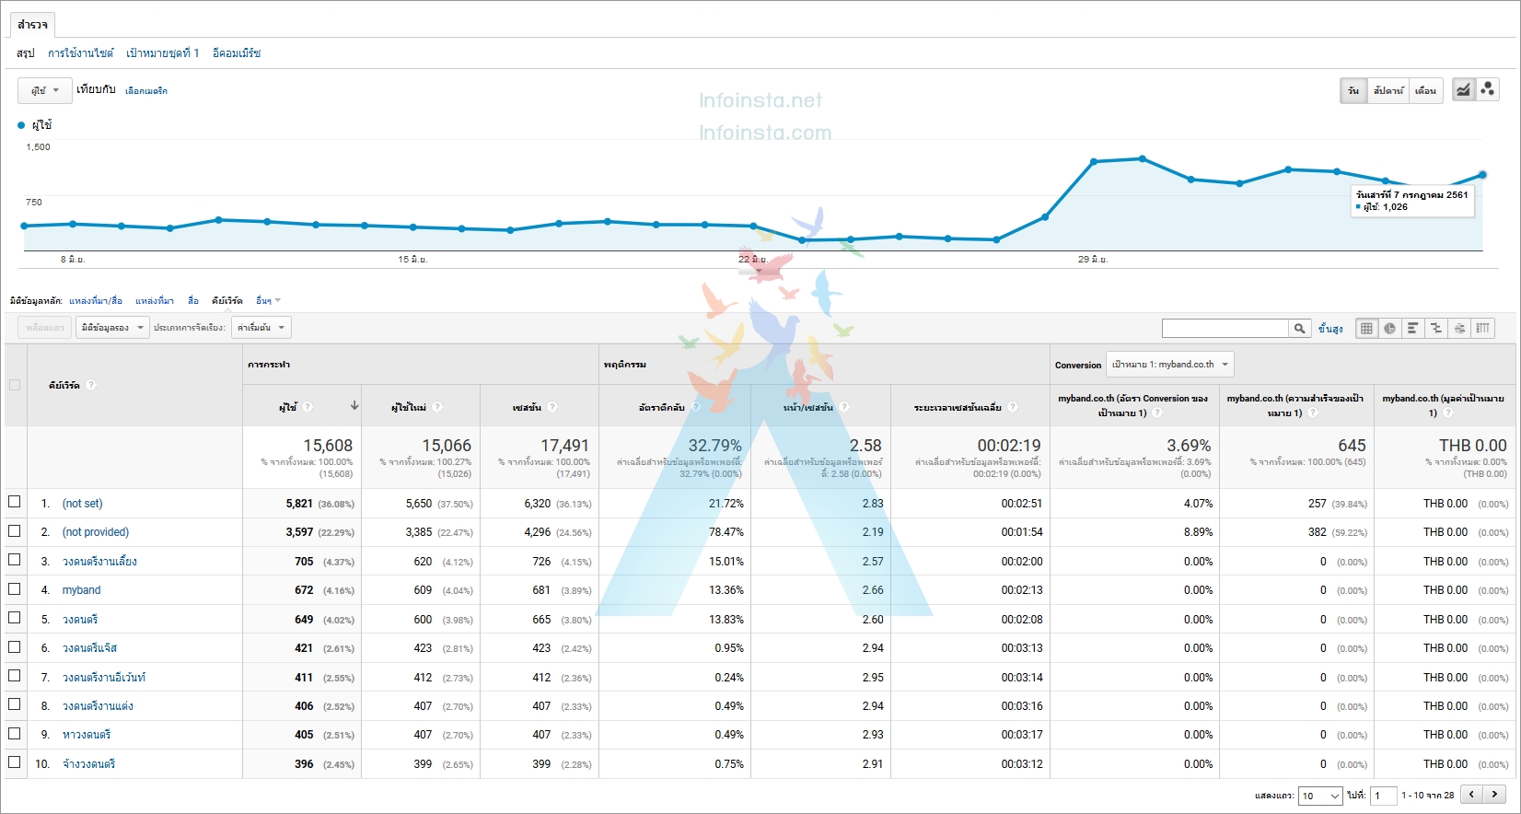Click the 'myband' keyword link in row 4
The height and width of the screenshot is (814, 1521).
pyautogui.click(x=81, y=590)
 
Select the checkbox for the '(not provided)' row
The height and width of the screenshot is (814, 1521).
pyautogui.click(x=14, y=531)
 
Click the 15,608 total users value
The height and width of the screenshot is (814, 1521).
pyautogui.click(x=328, y=446)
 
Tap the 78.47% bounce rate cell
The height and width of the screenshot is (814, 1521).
pyautogui.click(x=726, y=532)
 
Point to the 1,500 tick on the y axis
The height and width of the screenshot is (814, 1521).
pyautogui.click(x=39, y=147)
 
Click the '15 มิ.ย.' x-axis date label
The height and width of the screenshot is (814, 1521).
pyautogui.click(x=412, y=260)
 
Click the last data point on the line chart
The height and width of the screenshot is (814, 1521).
pyautogui.click(x=1482, y=174)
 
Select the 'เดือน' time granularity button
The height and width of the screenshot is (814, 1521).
pyautogui.click(x=1425, y=90)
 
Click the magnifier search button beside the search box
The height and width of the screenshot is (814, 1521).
pyautogui.click(x=1299, y=329)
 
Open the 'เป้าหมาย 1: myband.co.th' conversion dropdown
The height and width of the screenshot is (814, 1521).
pyautogui.click(x=1169, y=365)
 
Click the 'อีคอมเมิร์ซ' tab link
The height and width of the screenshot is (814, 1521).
pyautogui.click(x=237, y=53)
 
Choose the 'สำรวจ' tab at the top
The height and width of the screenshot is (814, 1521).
pyautogui.click(x=32, y=24)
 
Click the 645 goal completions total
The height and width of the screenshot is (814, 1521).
pyautogui.click(x=1352, y=446)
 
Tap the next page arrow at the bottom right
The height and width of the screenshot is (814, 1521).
pyautogui.click(x=1494, y=795)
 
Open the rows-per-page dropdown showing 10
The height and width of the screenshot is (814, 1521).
pyautogui.click(x=1320, y=796)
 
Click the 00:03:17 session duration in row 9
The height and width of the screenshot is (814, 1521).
pyautogui.click(x=1021, y=735)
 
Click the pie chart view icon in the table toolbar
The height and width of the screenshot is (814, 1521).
pyautogui.click(x=1389, y=329)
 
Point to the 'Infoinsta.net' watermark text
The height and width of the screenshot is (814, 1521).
pyautogui.click(x=760, y=100)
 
